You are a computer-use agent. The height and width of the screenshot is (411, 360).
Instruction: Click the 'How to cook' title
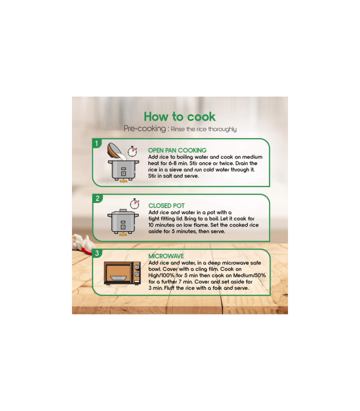click(x=179, y=117)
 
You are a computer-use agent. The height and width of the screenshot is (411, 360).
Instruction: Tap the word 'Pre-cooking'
click(x=145, y=128)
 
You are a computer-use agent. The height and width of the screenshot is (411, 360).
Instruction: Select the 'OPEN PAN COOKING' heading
click(x=177, y=150)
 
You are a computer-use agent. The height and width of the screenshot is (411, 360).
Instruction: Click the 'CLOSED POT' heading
click(x=166, y=206)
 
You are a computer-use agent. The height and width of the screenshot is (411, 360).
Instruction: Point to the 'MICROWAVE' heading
click(x=166, y=256)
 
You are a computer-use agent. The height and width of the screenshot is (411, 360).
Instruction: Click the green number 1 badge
click(x=97, y=143)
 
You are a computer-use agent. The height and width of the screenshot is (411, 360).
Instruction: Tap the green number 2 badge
click(x=97, y=198)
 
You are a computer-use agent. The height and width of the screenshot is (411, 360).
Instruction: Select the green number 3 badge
click(x=97, y=253)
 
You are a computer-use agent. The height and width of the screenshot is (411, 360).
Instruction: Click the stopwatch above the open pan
click(x=133, y=152)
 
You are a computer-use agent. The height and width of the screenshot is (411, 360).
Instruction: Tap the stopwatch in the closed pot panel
click(x=135, y=204)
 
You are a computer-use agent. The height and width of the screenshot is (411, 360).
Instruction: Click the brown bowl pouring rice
click(x=114, y=150)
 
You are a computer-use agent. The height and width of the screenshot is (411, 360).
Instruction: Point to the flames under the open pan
click(x=123, y=181)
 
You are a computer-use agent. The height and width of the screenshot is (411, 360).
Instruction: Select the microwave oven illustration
click(x=122, y=273)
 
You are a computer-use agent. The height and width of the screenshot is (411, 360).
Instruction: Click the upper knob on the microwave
click(x=137, y=267)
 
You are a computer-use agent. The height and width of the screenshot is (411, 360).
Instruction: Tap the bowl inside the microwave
click(x=119, y=278)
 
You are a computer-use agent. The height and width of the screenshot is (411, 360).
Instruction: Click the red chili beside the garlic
click(x=86, y=250)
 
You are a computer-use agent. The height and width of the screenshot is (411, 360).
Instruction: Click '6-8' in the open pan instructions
click(x=172, y=163)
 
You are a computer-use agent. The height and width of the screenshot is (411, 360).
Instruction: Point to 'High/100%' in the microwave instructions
click(x=161, y=275)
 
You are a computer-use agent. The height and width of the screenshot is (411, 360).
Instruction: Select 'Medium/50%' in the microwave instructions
click(x=249, y=275)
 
